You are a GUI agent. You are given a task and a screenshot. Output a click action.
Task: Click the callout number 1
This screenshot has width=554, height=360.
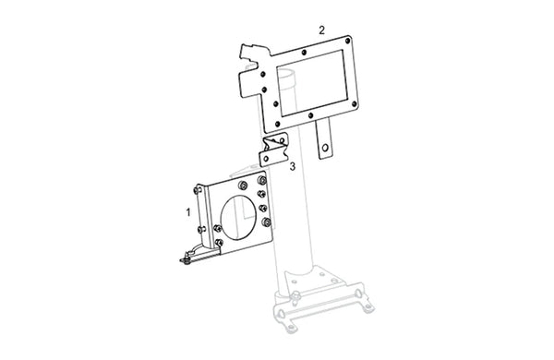point(188,212)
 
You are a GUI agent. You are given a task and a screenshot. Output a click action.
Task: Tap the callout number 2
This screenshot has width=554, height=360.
point(321,30)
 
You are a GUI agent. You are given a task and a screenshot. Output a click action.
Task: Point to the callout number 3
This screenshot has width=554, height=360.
point(293,166)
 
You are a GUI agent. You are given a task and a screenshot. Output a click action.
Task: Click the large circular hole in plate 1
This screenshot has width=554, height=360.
point(238,218)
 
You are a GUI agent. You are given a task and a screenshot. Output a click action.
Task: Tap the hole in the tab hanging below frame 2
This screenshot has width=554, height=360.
point(325,148)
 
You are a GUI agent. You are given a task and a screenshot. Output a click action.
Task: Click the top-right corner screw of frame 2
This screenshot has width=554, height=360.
point(348,41)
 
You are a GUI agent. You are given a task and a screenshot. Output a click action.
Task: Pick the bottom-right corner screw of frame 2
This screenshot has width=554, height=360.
point(355,104)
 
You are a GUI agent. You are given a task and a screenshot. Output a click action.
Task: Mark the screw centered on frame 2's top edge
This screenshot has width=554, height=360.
point(304,53)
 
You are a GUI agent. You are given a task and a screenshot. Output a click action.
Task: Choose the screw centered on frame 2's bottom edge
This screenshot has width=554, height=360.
point(310,115)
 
